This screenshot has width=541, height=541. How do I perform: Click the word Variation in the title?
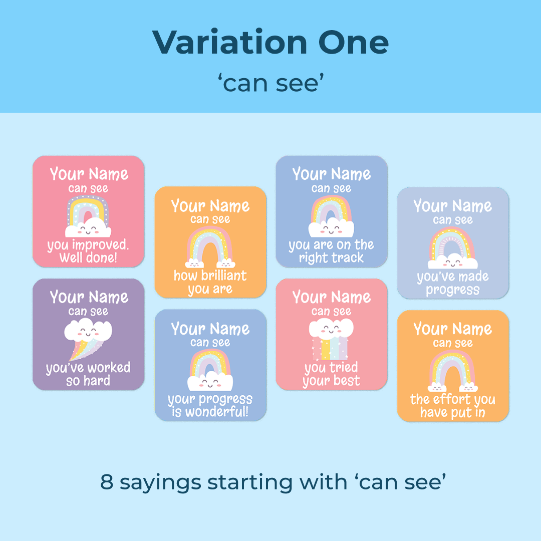tap(229, 42)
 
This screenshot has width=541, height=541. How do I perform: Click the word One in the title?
tap(353, 43)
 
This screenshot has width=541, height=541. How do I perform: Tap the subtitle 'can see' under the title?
tap(271, 83)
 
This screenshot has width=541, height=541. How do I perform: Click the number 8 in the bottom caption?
tap(107, 481)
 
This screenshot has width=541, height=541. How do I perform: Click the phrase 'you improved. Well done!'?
tap(88, 251)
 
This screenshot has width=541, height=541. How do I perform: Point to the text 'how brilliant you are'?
tap(210, 282)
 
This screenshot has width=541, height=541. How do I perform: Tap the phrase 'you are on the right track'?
tap(331, 251)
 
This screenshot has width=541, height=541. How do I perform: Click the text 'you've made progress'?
tap(453, 283)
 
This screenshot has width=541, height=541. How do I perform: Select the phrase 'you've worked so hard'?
tap(88, 374)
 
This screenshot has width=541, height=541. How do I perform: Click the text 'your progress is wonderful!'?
tap(210, 405)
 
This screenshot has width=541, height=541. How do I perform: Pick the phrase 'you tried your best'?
tap(331, 374)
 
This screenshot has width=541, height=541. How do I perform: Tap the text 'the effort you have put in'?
tap(453, 406)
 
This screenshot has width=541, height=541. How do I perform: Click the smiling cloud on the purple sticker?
tap(88, 330)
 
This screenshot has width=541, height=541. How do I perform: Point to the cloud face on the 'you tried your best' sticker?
tap(331, 328)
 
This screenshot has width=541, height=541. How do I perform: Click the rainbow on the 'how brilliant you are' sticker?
tap(210, 241)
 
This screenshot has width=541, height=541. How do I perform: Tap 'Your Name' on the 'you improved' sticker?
tap(89, 173)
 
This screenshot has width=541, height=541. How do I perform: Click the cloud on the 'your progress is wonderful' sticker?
tap(210, 381)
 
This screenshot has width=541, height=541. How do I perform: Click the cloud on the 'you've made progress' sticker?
tap(453, 261)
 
